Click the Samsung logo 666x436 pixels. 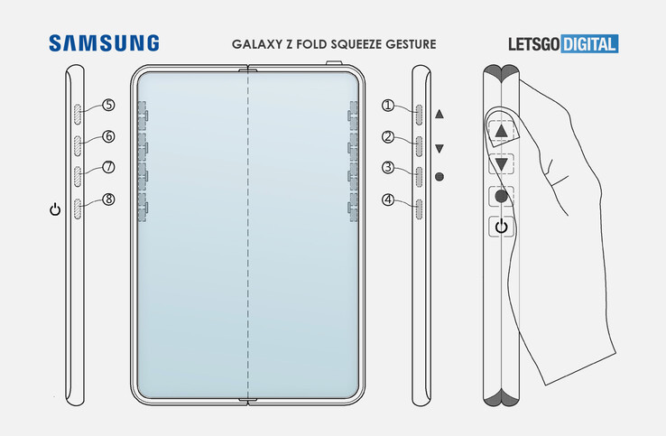pyautogui.click(x=104, y=43)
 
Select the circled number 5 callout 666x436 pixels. pyautogui.click(x=108, y=105)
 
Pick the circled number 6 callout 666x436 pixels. pyautogui.click(x=108, y=136)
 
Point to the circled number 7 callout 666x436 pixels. pyautogui.click(x=108, y=167)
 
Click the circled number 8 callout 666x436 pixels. pyautogui.click(x=108, y=199)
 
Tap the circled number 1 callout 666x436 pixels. pyautogui.click(x=388, y=106)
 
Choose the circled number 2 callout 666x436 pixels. pyautogui.click(x=388, y=137)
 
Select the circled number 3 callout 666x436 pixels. pyautogui.click(x=388, y=168)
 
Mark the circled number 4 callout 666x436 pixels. pyautogui.click(x=388, y=199)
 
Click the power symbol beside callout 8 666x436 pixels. pyautogui.click(x=55, y=210)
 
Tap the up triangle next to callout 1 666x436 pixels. pyautogui.click(x=439, y=115)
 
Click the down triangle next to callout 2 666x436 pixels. pyautogui.click(x=439, y=148)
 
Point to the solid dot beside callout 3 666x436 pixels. pyautogui.click(x=439, y=178)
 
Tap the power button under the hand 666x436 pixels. pyautogui.click(x=502, y=227)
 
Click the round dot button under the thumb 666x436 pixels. pyautogui.click(x=502, y=196)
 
